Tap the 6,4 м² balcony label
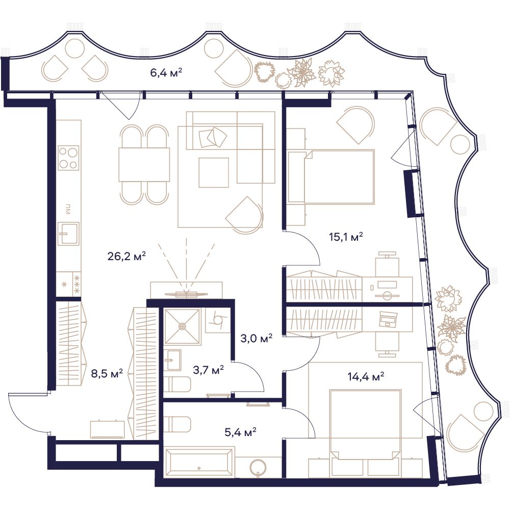[x=166, y=72]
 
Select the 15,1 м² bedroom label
[x=346, y=237]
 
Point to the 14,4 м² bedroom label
[x=366, y=377]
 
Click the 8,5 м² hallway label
[x=107, y=373]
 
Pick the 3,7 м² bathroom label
[x=208, y=370]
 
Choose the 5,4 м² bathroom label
[x=240, y=432]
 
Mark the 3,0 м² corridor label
[x=257, y=339]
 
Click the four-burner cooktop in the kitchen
[x=69, y=158]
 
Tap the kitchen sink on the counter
[x=68, y=234]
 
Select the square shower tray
[x=182, y=326]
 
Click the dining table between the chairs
[x=144, y=164]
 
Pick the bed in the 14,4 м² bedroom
[x=365, y=425]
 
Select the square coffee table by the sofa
[x=214, y=172]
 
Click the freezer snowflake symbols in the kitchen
[x=77, y=284]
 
